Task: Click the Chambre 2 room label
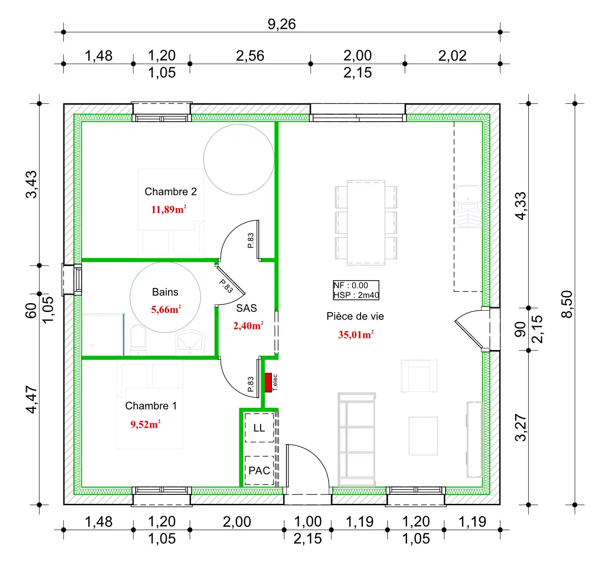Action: (x=170, y=192)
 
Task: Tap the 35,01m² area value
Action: (x=355, y=335)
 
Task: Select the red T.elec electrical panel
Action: (x=268, y=383)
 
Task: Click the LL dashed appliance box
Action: (x=259, y=428)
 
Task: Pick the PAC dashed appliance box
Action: (x=259, y=470)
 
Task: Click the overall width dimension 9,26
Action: (x=281, y=24)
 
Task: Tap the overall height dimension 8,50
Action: (x=567, y=304)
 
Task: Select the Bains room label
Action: (x=165, y=292)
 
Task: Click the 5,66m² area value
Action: (x=166, y=309)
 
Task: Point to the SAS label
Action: (x=247, y=308)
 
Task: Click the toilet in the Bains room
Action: (x=138, y=340)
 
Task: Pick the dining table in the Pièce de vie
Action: (x=366, y=223)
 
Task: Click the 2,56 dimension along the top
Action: (x=250, y=56)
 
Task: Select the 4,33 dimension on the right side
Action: (x=521, y=206)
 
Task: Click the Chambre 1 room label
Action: (x=151, y=406)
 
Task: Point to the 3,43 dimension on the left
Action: (x=31, y=185)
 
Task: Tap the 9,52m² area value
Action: (x=145, y=424)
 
